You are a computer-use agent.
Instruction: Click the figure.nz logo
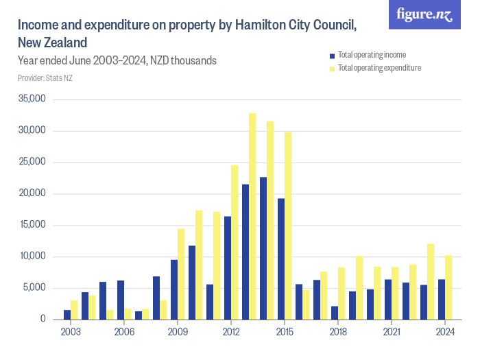click(x=424, y=15)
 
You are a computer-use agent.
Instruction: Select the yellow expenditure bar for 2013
click(x=252, y=216)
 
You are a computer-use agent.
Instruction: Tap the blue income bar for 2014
click(x=263, y=248)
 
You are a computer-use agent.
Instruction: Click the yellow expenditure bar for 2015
click(x=288, y=226)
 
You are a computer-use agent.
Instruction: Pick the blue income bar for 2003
click(x=67, y=315)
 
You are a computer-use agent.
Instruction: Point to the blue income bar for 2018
click(x=335, y=313)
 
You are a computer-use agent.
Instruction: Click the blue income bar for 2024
click(x=442, y=299)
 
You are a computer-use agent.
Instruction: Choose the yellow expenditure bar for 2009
click(x=181, y=274)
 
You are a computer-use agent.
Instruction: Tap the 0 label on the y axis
click(x=43, y=320)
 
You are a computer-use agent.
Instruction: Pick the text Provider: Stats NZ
click(x=45, y=78)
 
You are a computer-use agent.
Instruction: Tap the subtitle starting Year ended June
click(x=117, y=61)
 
